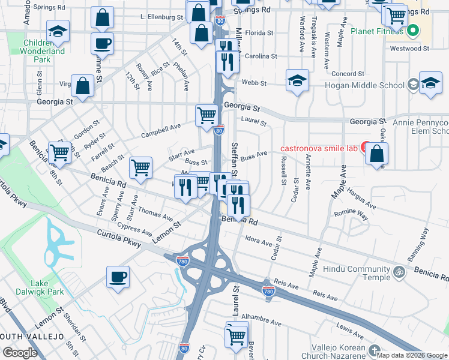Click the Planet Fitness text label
375,31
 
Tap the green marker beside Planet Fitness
414,31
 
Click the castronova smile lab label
319,148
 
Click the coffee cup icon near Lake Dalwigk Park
117,277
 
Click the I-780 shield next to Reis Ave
268,291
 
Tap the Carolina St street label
259,56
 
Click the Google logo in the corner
20,353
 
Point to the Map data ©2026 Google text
411,355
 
